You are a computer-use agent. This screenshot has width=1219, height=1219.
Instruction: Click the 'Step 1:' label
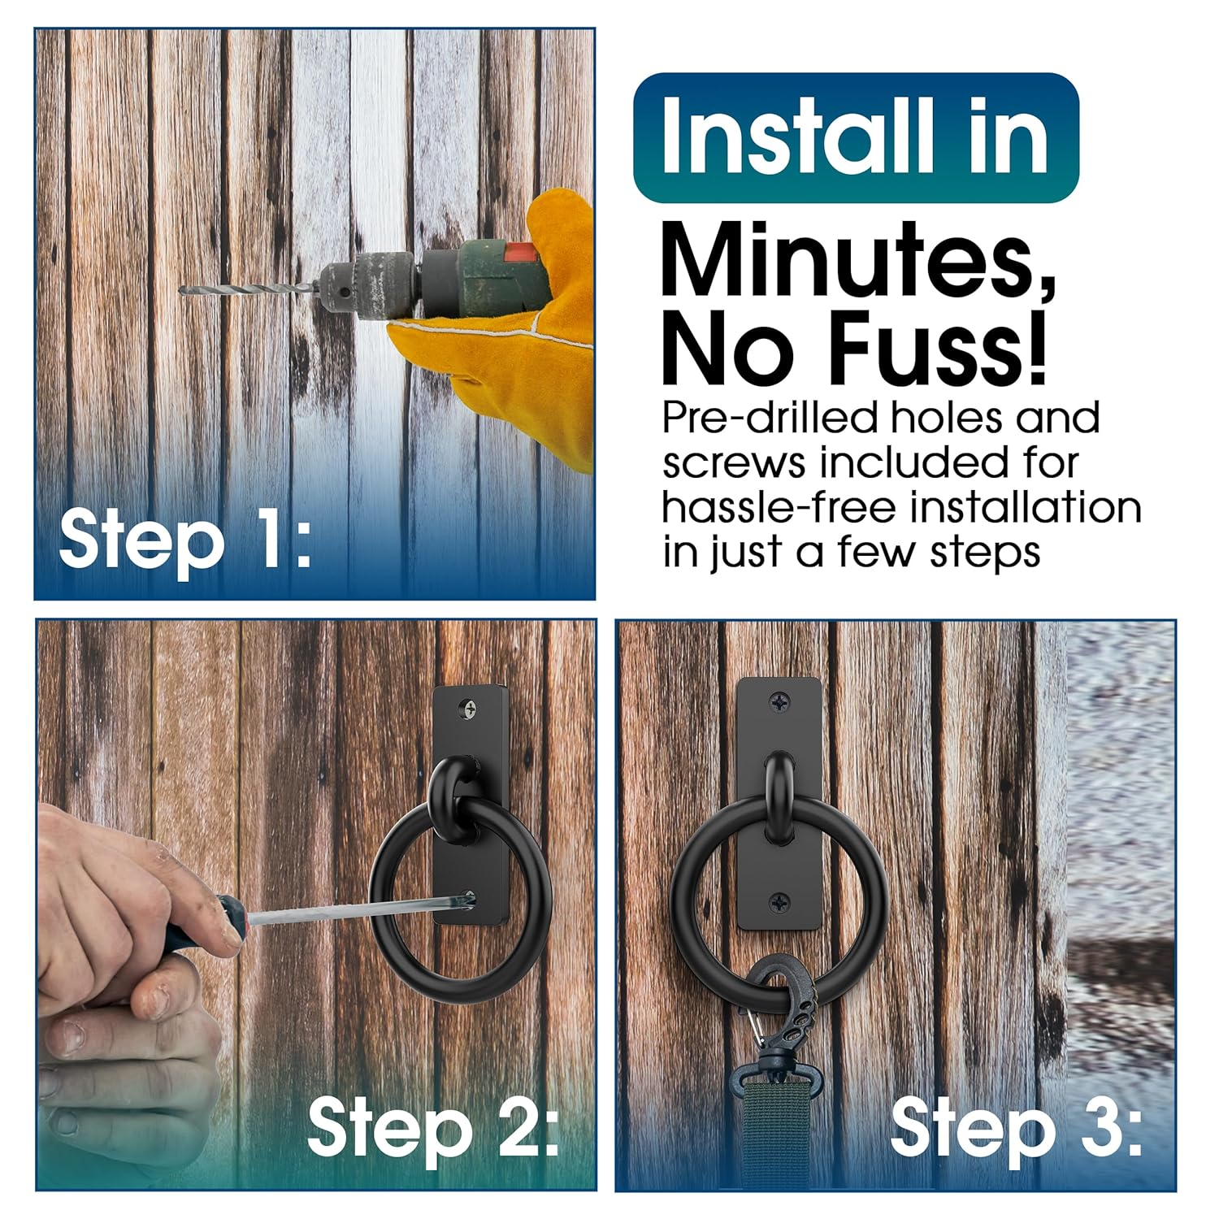click(x=185, y=540)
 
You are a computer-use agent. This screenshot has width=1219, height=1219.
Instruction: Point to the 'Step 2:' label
click(x=434, y=1127)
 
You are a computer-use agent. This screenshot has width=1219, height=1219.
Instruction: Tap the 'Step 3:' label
click(x=1016, y=1127)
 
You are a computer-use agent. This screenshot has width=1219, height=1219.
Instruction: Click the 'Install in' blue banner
click(x=856, y=137)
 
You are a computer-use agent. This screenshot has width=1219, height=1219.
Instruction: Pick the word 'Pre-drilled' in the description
click(x=770, y=419)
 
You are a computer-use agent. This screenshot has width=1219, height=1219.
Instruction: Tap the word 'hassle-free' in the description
click(x=781, y=507)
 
